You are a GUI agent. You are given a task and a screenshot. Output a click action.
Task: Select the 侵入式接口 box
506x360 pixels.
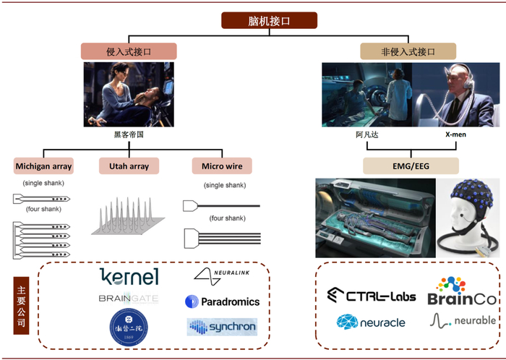[x=128, y=52]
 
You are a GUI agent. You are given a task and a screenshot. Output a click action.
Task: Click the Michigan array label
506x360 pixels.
[x=43, y=166]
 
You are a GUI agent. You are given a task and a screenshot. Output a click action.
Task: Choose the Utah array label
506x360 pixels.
[x=129, y=166]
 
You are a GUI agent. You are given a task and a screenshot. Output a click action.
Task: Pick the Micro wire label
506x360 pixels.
[x=222, y=166]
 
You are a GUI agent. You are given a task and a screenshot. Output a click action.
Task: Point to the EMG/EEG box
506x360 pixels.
[x=408, y=166]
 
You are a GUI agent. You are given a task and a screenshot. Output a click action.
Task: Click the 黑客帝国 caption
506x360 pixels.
[x=128, y=134]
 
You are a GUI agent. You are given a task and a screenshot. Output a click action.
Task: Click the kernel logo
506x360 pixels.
[x=129, y=277]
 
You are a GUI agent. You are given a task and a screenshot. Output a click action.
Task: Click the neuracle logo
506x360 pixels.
[x=370, y=322]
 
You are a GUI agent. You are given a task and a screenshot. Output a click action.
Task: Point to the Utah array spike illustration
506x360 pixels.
[x=129, y=213]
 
